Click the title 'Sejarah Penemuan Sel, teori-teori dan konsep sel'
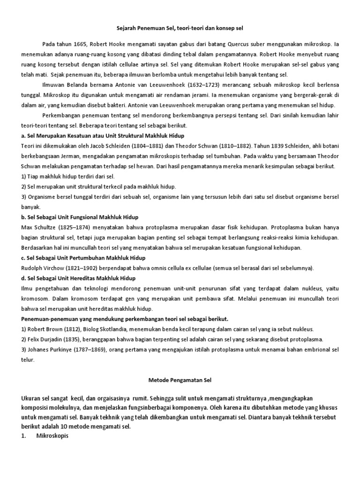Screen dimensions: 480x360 click(x=180, y=29)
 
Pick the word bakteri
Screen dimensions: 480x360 click(x=115, y=105)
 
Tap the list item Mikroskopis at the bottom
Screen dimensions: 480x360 click(x=52, y=435)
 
